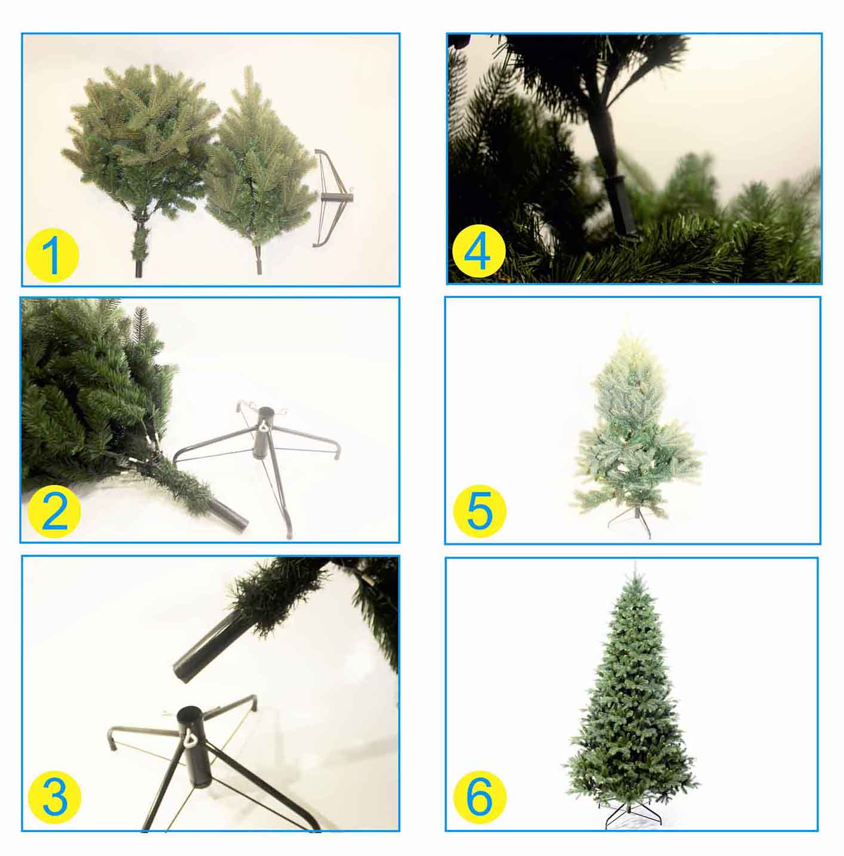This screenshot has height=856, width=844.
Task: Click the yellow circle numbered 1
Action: (x=53, y=255)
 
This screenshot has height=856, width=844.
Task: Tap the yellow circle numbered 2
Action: (x=54, y=511)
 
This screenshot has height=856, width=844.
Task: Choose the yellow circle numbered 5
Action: (x=480, y=511)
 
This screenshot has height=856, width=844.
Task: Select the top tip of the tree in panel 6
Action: (x=635, y=562)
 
